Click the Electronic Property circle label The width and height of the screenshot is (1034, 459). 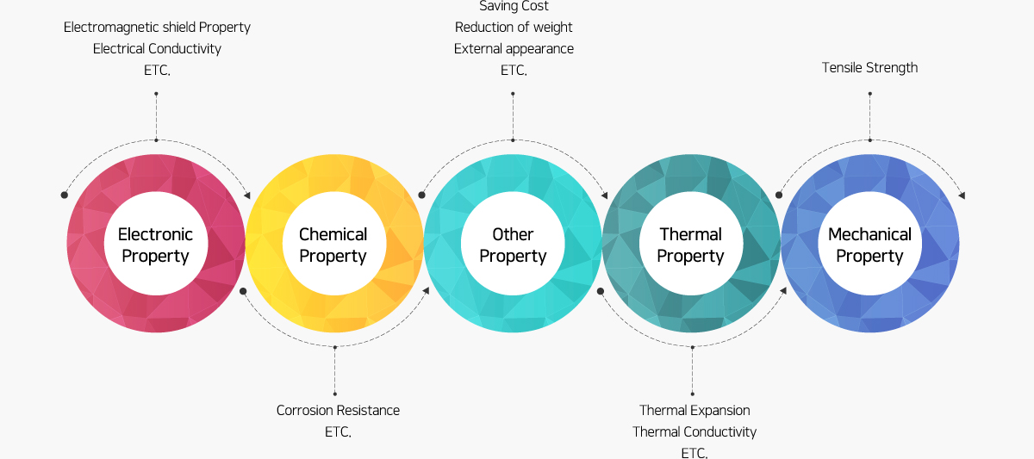[x=156, y=245]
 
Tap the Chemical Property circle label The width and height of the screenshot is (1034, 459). [x=333, y=245]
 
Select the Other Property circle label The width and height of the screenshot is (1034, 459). [x=513, y=245]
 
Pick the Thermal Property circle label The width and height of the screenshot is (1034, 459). [x=690, y=245]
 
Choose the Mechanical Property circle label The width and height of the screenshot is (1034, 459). [x=869, y=245]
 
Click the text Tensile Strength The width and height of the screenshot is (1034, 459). [x=869, y=68]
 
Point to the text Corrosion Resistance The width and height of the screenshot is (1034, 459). [x=338, y=410]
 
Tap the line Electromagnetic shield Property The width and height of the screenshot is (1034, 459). [x=157, y=28]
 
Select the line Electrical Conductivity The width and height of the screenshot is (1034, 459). [x=157, y=49]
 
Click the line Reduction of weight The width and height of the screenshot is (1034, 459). [x=514, y=28]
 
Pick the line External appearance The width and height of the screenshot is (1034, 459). [x=514, y=49]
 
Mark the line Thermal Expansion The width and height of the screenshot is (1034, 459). [x=695, y=410]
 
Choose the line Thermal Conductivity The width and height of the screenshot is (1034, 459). [x=695, y=431]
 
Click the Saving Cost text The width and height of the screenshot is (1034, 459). [x=514, y=6]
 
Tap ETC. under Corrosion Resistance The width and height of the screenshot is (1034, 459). [x=338, y=431]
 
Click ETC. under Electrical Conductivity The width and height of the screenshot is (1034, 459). [x=157, y=70]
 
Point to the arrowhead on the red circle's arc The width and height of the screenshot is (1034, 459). [x=247, y=195]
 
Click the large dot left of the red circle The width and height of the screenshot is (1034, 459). [x=64, y=195]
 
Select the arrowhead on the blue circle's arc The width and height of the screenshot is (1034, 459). [x=962, y=195]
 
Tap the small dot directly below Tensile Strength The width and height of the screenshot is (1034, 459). [x=870, y=94]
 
